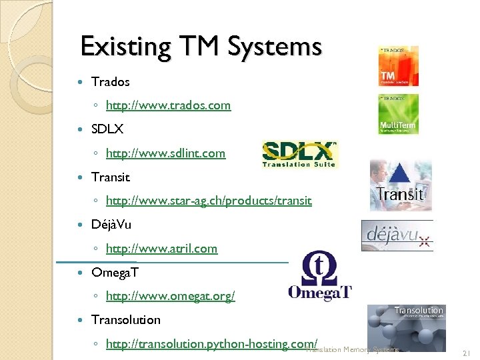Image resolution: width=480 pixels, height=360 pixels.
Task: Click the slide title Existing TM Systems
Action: (x=201, y=47)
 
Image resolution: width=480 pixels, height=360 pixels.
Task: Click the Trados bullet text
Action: (x=110, y=82)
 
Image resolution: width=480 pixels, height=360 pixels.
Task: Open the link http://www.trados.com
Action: (x=168, y=105)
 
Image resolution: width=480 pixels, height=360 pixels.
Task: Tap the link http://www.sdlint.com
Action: (x=165, y=153)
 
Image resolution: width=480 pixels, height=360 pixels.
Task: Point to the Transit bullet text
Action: (x=110, y=177)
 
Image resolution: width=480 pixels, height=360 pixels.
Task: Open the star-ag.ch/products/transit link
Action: (x=208, y=201)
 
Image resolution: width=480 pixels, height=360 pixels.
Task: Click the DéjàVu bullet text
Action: (x=111, y=225)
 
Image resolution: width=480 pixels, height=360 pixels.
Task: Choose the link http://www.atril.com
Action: (x=161, y=249)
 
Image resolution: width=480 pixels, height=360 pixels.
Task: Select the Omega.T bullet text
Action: (x=114, y=273)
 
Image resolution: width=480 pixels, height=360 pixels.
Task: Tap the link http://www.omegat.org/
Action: (x=170, y=296)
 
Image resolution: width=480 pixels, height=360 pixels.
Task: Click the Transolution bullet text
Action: (x=125, y=320)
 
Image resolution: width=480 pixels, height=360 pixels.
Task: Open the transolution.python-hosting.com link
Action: (x=211, y=344)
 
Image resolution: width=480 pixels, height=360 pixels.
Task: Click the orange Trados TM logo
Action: (x=398, y=66)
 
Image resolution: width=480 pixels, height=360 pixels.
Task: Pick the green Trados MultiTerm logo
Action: (x=398, y=114)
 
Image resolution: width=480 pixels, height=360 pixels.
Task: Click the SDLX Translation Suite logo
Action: (x=299, y=155)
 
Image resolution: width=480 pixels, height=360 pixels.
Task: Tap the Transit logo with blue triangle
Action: (x=401, y=185)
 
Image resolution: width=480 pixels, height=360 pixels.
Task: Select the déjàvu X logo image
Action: (x=397, y=235)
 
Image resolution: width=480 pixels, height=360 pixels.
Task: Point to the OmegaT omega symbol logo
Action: (x=320, y=276)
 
